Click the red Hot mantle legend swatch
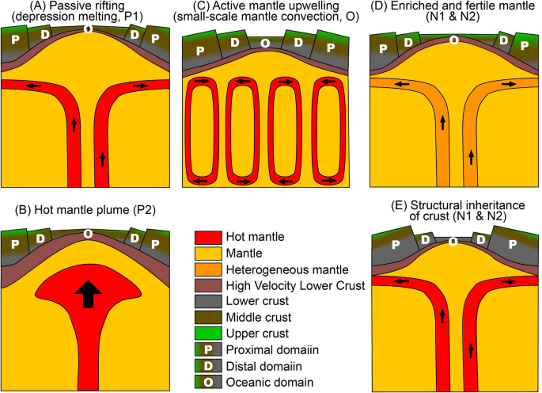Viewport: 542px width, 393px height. tap(209, 237)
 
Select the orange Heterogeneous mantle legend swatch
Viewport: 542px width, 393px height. tap(209, 270)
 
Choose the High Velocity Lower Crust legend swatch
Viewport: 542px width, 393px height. tap(209, 286)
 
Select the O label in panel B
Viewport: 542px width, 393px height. tap(88, 234)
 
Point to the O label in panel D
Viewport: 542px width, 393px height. tap(453, 39)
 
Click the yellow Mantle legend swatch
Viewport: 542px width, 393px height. tap(209, 254)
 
